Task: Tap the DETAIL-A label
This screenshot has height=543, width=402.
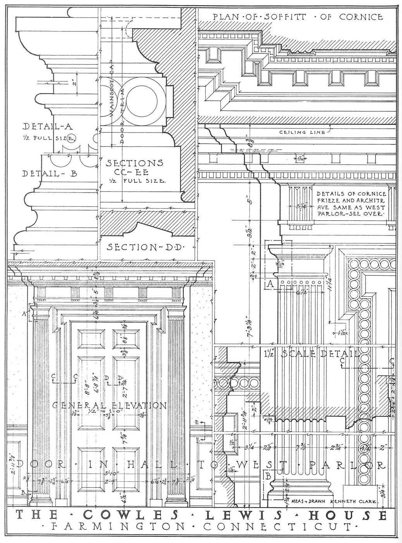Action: [x=49, y=126]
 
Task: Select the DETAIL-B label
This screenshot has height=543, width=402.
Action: [x=49, y=174]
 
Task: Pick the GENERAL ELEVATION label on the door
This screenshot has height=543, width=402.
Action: [x=109, y=406]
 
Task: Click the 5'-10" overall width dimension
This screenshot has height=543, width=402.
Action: [x=109, y=474]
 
